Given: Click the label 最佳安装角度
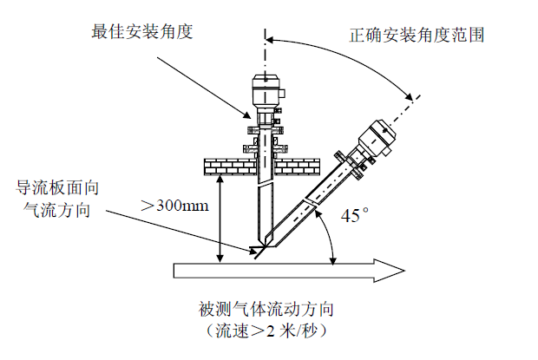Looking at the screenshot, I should tap(142, 32).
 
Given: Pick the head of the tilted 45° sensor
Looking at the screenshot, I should tap(377, 134).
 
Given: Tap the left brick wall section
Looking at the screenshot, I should tap(222, 164).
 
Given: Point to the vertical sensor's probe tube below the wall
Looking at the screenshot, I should tap(265, 208).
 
